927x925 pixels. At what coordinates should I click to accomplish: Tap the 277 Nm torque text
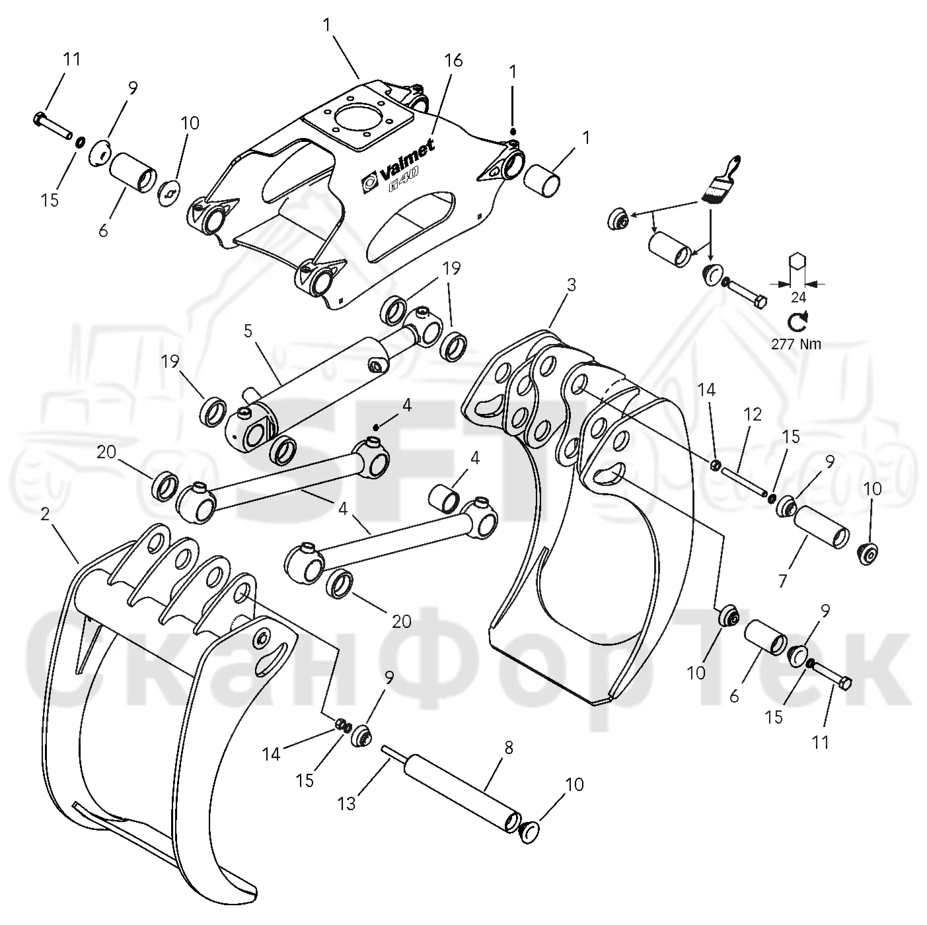pos(797,344)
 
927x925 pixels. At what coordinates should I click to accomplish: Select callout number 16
pos(453,61)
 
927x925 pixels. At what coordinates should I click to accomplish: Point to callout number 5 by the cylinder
pos(248,331)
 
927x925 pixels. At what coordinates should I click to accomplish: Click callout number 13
pos(347,804)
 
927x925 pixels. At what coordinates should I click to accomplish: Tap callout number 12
pos(753,414)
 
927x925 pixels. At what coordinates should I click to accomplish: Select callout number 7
pos(782,581)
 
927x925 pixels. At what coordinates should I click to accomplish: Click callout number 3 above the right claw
pos(571,285)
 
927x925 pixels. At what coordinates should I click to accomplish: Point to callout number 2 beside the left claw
pos(45,514)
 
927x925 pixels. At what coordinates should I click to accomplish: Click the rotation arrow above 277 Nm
pos(797,322)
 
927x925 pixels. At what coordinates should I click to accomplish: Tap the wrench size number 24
pos(798,298)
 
